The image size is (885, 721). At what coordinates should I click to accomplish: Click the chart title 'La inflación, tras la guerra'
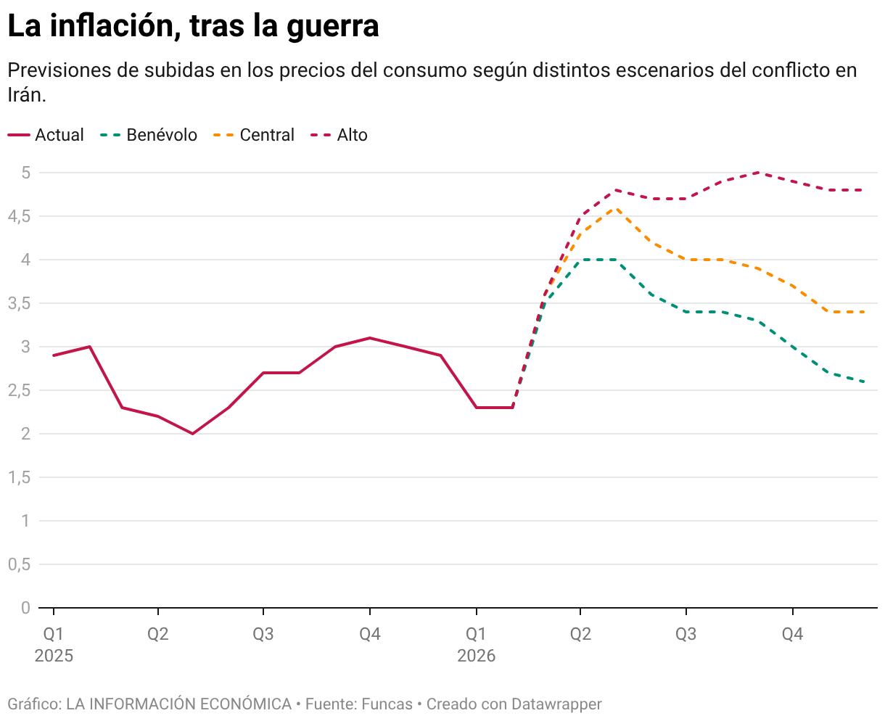(x=193, y=26)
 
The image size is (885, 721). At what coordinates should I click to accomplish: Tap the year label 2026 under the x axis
(x=476, y=656)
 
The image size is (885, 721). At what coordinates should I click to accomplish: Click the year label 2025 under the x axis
(x=54, y=656)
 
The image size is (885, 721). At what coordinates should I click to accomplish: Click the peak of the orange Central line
(x=617, y=208)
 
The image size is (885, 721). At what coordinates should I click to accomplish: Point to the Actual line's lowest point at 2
(x=193, y=434)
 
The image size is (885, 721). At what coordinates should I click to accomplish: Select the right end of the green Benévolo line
(x=864, y=382)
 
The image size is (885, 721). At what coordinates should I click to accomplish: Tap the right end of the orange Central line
(x=864, y=312)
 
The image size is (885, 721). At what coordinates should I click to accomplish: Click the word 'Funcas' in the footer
(x=387, y=704)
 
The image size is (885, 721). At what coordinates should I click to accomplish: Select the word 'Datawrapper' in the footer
(x=556, y=704)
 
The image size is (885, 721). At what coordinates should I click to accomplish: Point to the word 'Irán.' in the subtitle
(x=27, y=94)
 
